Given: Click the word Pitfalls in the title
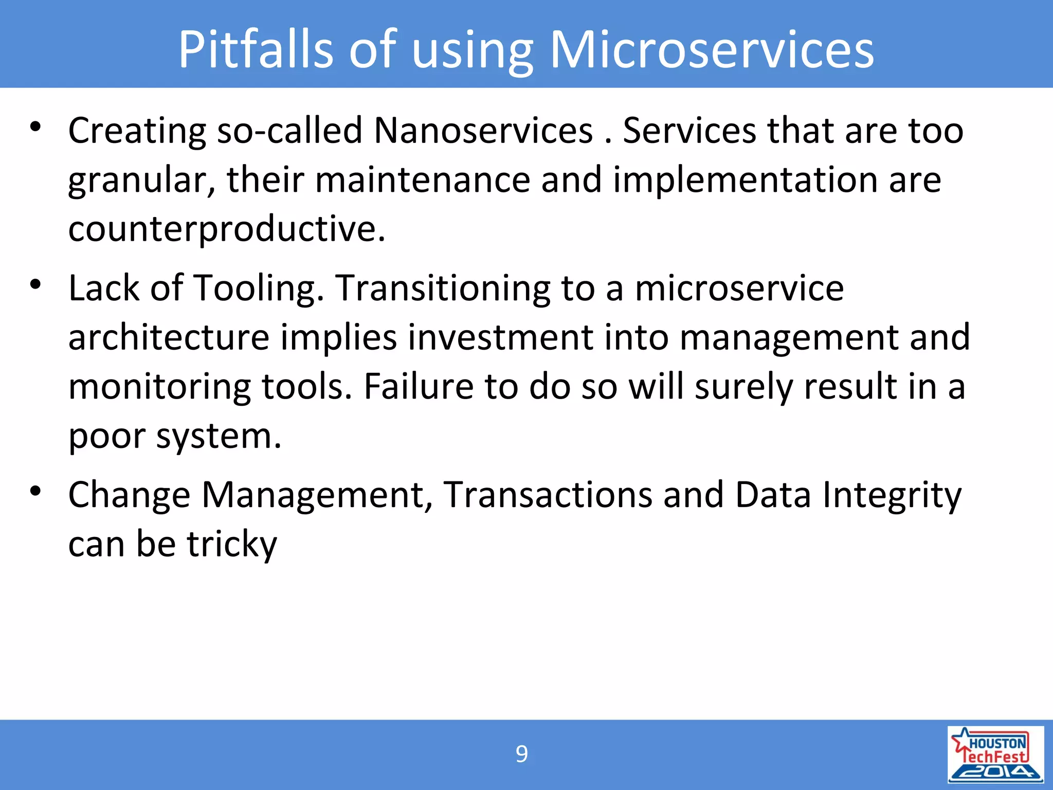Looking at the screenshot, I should [x=256, y=49].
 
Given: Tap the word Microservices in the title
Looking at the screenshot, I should [x=712, y=49].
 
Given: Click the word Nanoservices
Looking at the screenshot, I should [x=483, y=131].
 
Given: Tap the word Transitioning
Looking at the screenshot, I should [x=443, y=289].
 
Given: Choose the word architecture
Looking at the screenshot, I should [x=169, y=338].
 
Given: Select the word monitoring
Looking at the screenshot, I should [x=159, y=387].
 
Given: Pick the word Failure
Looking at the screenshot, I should [x=419, y=387].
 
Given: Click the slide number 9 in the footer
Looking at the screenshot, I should [x=521, y=755].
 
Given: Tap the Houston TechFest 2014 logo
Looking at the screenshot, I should [x=995, y=755].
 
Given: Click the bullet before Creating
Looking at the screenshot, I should [x=35, y=127].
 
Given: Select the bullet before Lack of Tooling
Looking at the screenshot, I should [x=35, y=284].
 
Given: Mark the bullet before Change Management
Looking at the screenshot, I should [x=35, y=491].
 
